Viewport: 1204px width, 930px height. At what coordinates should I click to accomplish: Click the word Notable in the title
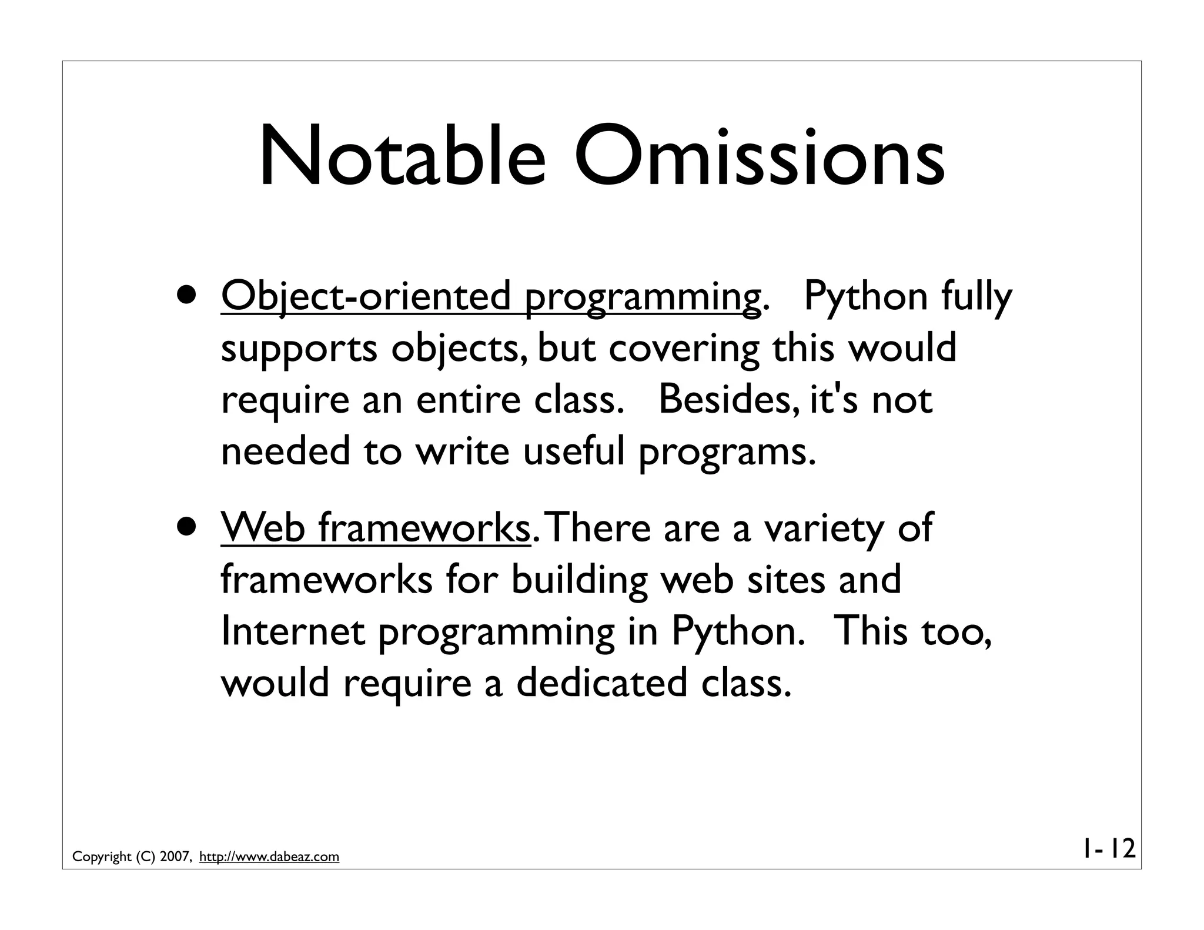coord(402,158)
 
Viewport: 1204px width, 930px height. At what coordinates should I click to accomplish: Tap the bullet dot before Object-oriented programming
coord(186,296)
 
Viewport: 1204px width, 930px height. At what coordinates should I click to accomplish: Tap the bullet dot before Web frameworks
coord(186,527)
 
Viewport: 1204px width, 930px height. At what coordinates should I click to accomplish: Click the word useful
coord(573,451)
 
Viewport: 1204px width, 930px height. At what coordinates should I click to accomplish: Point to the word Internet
coord(292,631)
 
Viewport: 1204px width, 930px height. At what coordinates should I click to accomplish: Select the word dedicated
coord(601,683)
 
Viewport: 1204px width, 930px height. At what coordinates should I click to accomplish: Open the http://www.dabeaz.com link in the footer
coord(269,857)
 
